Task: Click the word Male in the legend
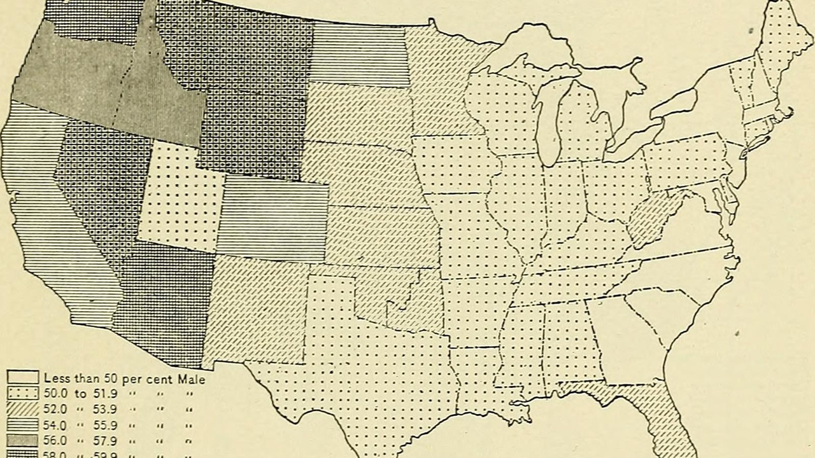tap(190, 380)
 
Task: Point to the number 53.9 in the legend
tap(106, 409)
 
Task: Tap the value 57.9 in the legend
tap(106, 440)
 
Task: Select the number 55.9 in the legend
tap(106, 424)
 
